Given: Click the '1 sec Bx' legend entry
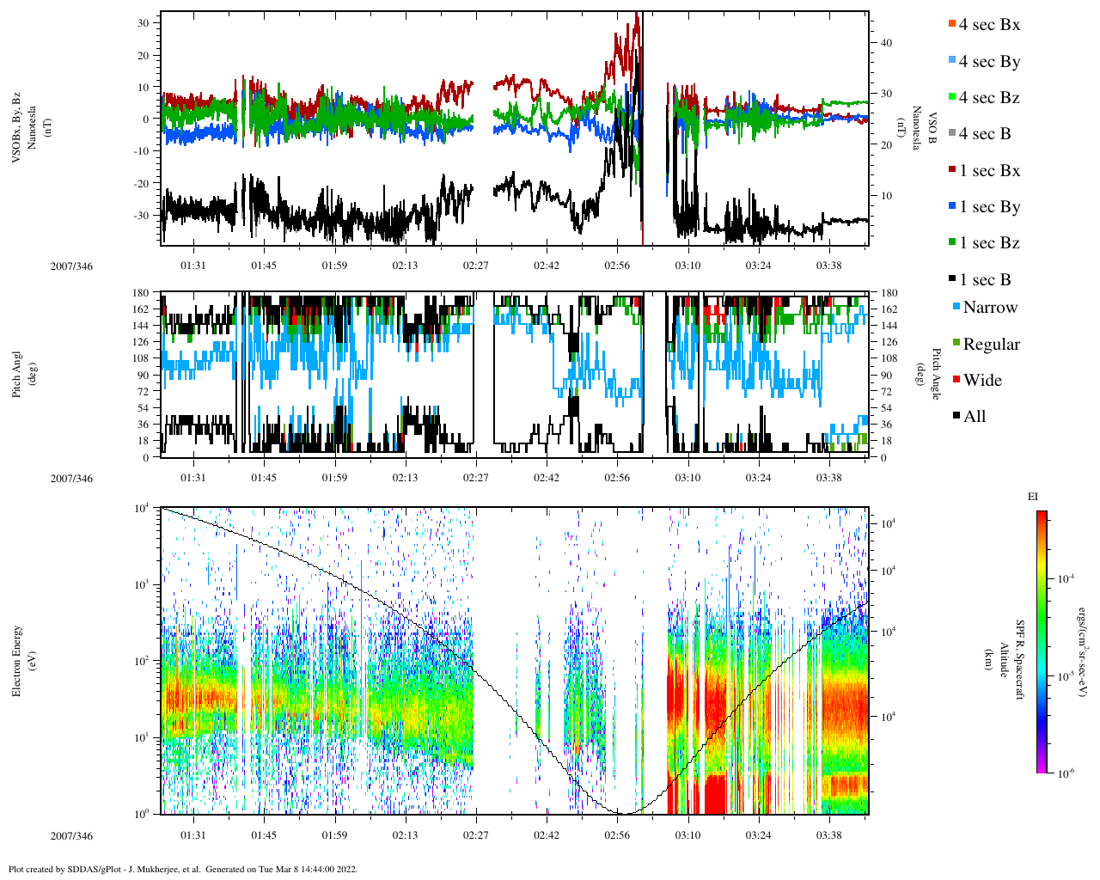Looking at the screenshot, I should point(989,170).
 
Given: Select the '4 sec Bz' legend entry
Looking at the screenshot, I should point(989,98).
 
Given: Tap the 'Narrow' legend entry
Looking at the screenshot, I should point(990,308).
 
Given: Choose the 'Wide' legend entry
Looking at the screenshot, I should point(982,380).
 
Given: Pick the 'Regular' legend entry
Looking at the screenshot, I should point(991,344).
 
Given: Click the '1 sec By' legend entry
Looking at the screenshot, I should point(989,207).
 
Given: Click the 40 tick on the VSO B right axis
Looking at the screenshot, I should point(887,43).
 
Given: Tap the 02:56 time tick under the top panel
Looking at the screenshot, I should point(617,266).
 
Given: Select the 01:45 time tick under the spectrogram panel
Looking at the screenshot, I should point(264,835).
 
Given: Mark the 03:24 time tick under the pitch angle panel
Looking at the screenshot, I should point(758,478).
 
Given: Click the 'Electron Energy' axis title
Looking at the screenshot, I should point(17,661).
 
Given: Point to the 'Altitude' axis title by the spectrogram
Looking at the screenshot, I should point(1002,662).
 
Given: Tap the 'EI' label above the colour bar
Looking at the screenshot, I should point(1033,497).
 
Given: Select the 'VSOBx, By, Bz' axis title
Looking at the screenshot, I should point(17,129).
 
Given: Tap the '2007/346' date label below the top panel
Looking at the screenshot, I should point(71,266).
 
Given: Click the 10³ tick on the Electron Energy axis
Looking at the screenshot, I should point(144,584).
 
